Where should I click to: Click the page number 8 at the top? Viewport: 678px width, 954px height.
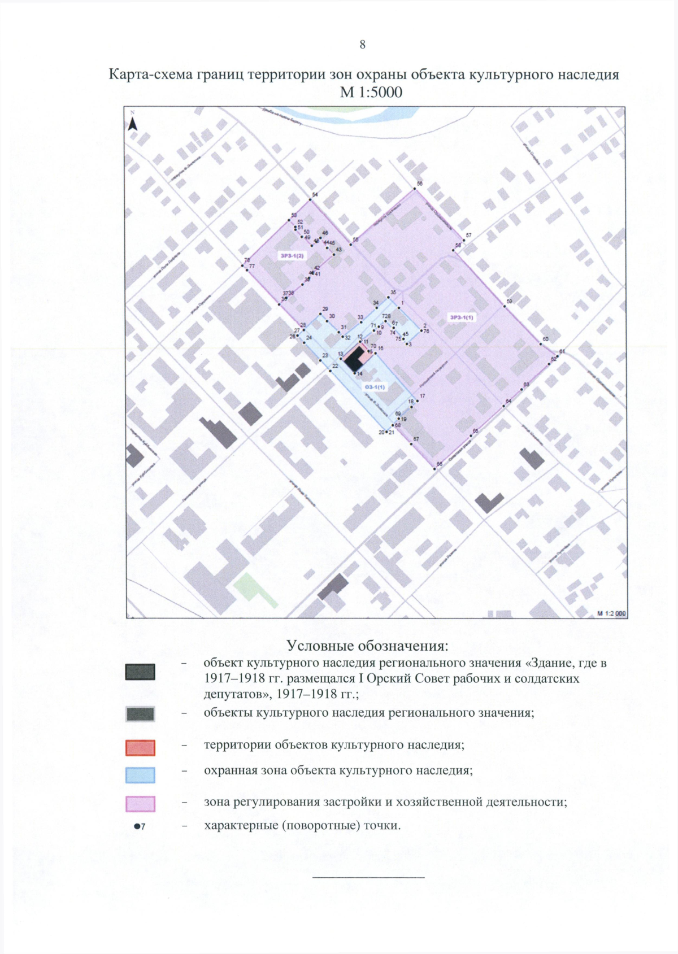tap(362, 45)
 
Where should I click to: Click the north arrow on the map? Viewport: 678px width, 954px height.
tap(133, 123)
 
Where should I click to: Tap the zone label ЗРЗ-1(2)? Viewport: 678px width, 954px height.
tap(292, 256)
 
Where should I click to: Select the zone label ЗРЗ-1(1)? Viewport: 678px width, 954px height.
tap(462, 317)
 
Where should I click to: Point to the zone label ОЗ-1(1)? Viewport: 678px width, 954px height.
tap(375, 387)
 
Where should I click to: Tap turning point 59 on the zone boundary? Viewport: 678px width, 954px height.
tap(504, 307)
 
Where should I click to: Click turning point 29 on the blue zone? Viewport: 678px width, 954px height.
tap(321, 313)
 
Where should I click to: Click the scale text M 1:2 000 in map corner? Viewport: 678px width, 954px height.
tap(611, 613)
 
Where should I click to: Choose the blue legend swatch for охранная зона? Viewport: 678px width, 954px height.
tap(140, 774)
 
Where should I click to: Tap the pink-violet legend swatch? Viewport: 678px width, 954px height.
tap(140, 803)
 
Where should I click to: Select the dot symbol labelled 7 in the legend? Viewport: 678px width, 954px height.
tap(136, 826)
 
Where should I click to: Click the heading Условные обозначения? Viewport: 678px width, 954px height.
tap(367, 645)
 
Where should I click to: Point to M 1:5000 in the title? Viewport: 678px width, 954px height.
tap(371, 92)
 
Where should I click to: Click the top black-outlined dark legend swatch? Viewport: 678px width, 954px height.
tap(140, 672)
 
